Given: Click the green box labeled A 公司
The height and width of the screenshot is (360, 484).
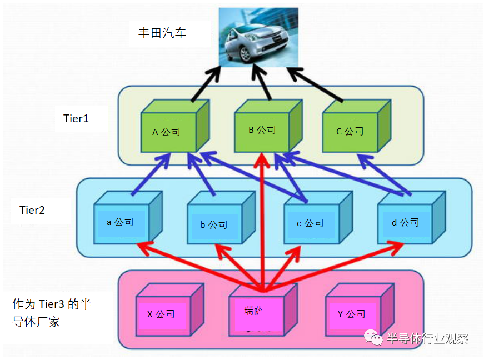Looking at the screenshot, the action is tap(175, 126).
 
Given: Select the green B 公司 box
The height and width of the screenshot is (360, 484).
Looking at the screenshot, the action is tap(268, 126).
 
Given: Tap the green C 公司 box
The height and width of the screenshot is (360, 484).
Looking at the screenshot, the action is tap(357, 126).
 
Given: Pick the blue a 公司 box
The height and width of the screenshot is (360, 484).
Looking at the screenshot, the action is tap(128, 217).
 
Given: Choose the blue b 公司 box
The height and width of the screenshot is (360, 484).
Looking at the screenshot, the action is tap(221, 217).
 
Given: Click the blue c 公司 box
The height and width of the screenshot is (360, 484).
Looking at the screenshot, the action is tap(318, 217).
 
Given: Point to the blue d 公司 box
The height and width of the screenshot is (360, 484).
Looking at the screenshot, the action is tap(411, 217).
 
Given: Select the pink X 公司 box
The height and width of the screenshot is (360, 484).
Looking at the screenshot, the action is tap(170, 309).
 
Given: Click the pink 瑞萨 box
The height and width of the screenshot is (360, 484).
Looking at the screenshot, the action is tap(263, 309).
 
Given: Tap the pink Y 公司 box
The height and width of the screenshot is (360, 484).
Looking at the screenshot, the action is tap(360, 309).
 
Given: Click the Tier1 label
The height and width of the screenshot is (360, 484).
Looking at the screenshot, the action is tap(76, 118).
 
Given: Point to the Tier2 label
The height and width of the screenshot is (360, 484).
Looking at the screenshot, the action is tap(32, 210).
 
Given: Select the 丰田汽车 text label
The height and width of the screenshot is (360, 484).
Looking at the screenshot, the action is tap(162, 33).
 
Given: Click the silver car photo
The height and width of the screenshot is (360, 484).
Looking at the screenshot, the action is tap(258, 37).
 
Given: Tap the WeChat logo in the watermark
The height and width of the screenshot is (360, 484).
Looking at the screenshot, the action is tap(373, 337).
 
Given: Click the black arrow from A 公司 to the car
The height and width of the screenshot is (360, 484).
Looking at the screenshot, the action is tap(206, 83).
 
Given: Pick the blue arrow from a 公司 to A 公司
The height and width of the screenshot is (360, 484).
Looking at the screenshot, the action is tap(151, 174).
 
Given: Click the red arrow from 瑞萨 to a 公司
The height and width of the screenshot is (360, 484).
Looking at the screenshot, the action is tap(199, 266).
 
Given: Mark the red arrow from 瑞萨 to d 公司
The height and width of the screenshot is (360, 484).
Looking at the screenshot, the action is tap(333, 266).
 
